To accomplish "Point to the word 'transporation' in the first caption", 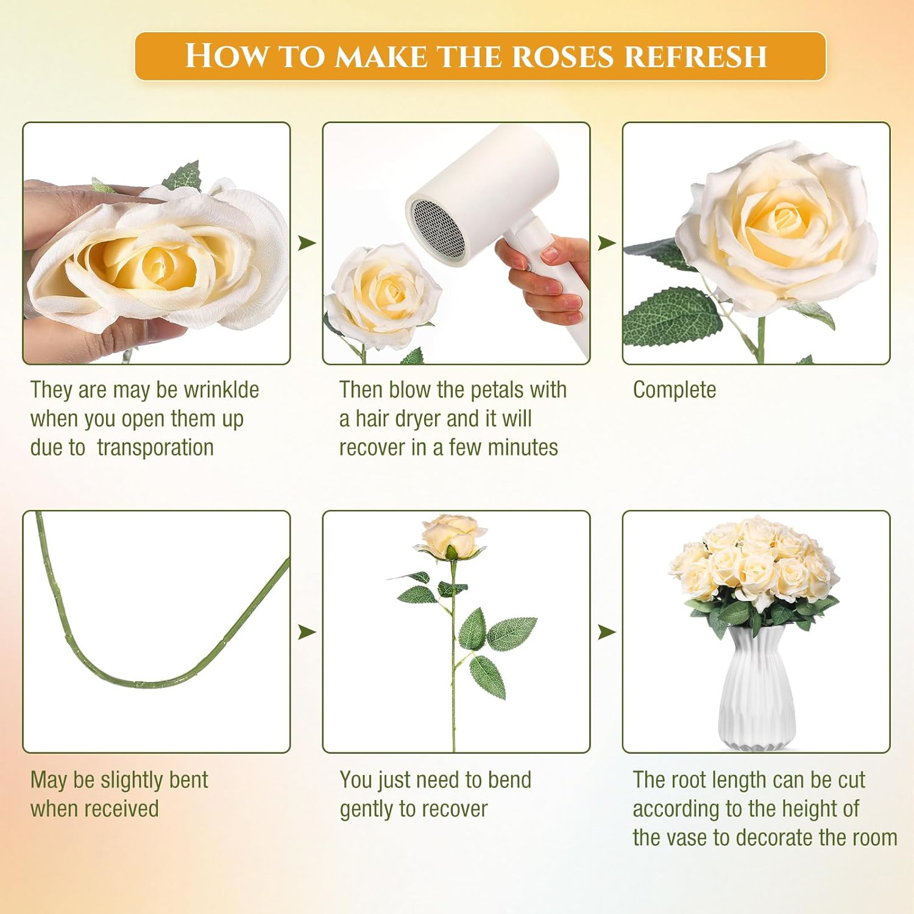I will (155, 448).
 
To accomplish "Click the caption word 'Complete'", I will (675, 390).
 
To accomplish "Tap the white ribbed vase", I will (756, 689).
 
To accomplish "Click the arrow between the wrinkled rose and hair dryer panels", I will (306, 243).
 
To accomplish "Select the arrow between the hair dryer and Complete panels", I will (606, 243).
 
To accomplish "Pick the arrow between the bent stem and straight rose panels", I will (306, 632).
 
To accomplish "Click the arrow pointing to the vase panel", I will (606, 632).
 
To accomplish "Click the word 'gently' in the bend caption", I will (367, 810).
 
